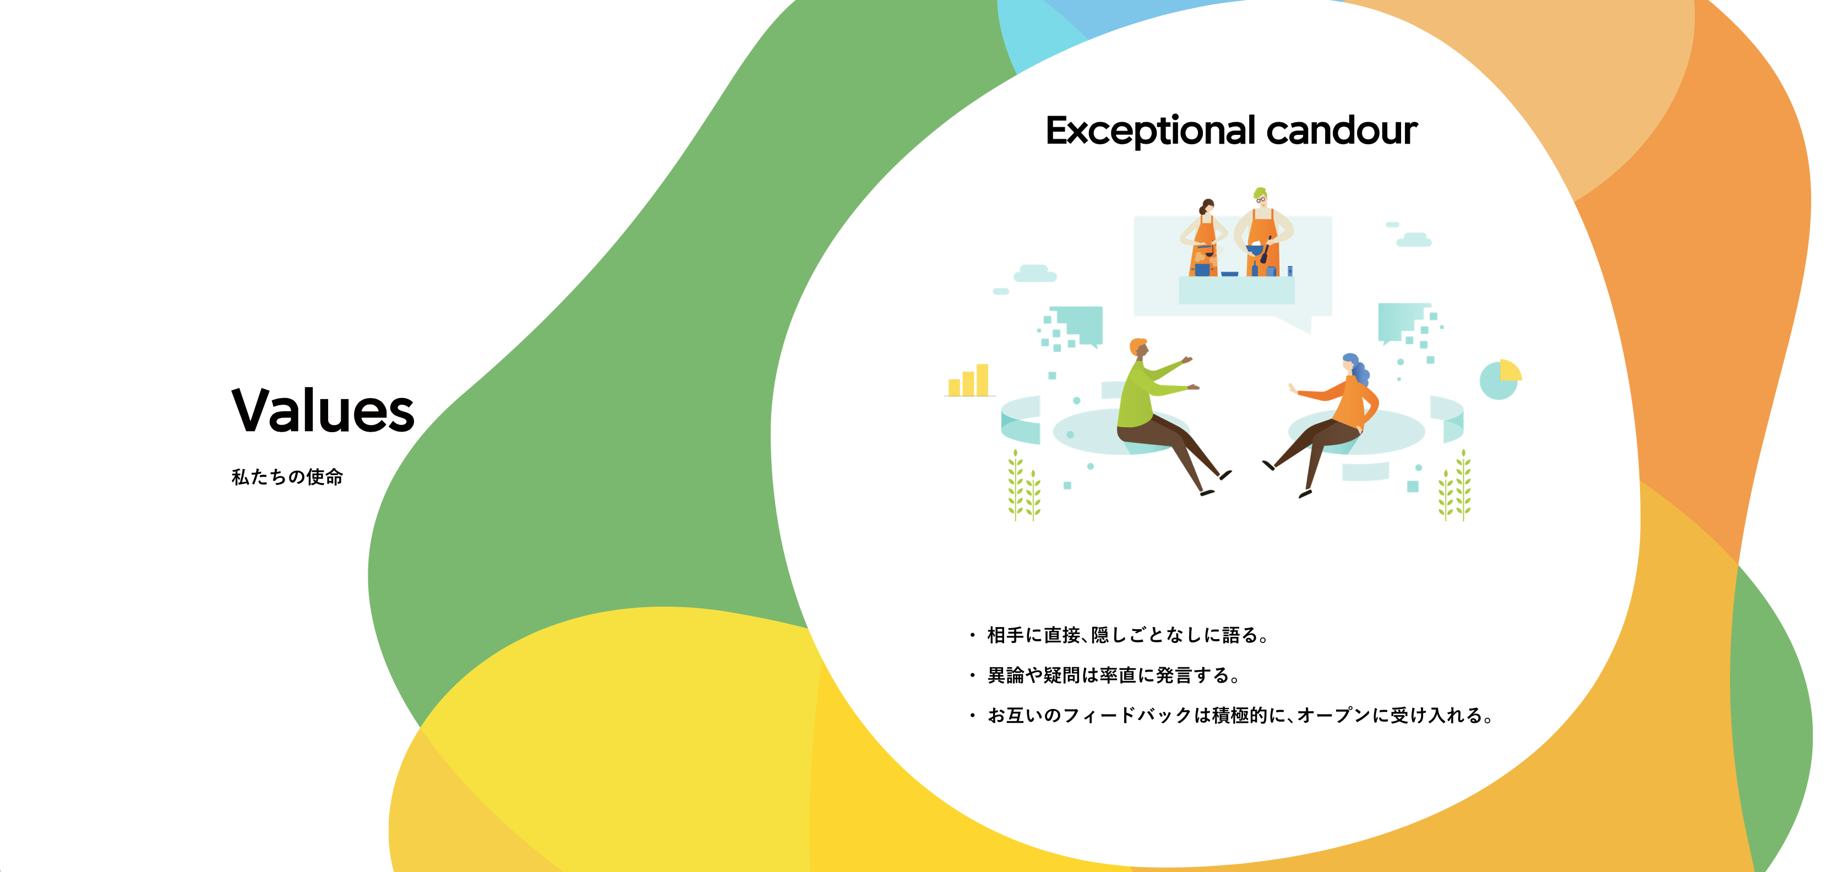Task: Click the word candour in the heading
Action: coord(1342,131)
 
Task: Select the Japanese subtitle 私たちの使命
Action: coord(287,477)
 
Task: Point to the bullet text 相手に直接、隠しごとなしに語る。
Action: coord(1128,635)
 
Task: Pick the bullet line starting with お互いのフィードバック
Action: coord(1240,716)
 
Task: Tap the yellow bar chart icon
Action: coord(969,380)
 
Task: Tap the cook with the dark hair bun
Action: coord(1204,238)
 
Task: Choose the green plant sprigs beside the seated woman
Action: coord(1455,486)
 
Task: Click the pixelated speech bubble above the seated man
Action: coord(1071,328)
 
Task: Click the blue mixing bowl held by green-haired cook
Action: coord(1255,249)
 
